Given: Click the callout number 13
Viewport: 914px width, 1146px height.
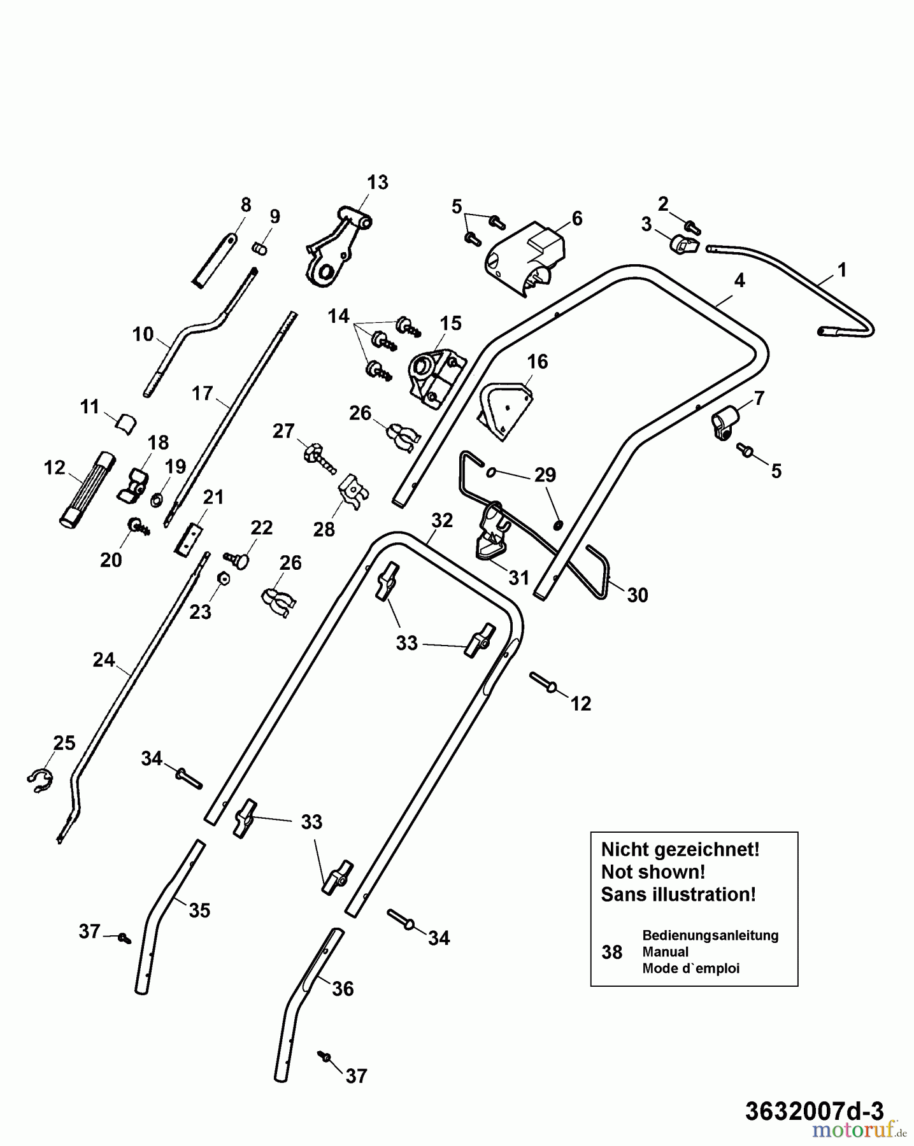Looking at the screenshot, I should (377, 183).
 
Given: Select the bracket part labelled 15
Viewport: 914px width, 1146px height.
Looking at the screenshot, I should (435, 378).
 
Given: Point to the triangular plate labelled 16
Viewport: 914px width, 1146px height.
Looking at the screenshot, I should (505, 411).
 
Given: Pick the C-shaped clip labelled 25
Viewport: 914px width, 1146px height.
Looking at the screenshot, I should (40, 780).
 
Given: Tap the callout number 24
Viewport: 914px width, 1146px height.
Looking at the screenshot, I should (104, 660).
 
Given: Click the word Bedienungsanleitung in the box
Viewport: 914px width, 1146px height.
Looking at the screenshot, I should (710, 935).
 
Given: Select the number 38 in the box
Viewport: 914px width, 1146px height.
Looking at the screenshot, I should (611, 952).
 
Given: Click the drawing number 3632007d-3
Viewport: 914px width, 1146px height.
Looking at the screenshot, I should (814, 1111).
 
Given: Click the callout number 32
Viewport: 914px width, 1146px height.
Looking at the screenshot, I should (442, 520).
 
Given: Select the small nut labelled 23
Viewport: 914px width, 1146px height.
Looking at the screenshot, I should (224, 579).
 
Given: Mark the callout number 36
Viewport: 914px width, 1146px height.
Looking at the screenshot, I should (343, 989).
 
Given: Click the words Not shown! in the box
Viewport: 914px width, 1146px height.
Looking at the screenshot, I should (653, 872).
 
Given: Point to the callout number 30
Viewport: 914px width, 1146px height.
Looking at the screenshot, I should (638, 595).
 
